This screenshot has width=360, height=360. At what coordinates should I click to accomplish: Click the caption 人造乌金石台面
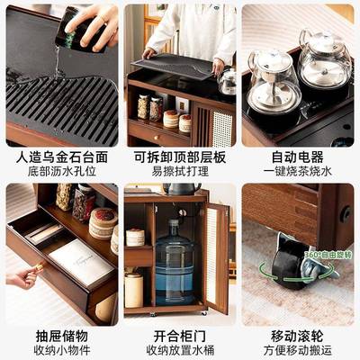click(61, 156)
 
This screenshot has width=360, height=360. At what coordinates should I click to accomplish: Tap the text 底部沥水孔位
click(61, 170)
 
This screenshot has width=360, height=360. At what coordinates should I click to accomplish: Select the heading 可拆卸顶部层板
click(180, 156)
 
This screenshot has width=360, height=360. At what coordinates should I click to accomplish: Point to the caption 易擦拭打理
click(180, 170)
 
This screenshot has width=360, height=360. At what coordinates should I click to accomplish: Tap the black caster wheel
click(290, 266)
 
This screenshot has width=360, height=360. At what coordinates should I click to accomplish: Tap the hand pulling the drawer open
click(22, 275)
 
